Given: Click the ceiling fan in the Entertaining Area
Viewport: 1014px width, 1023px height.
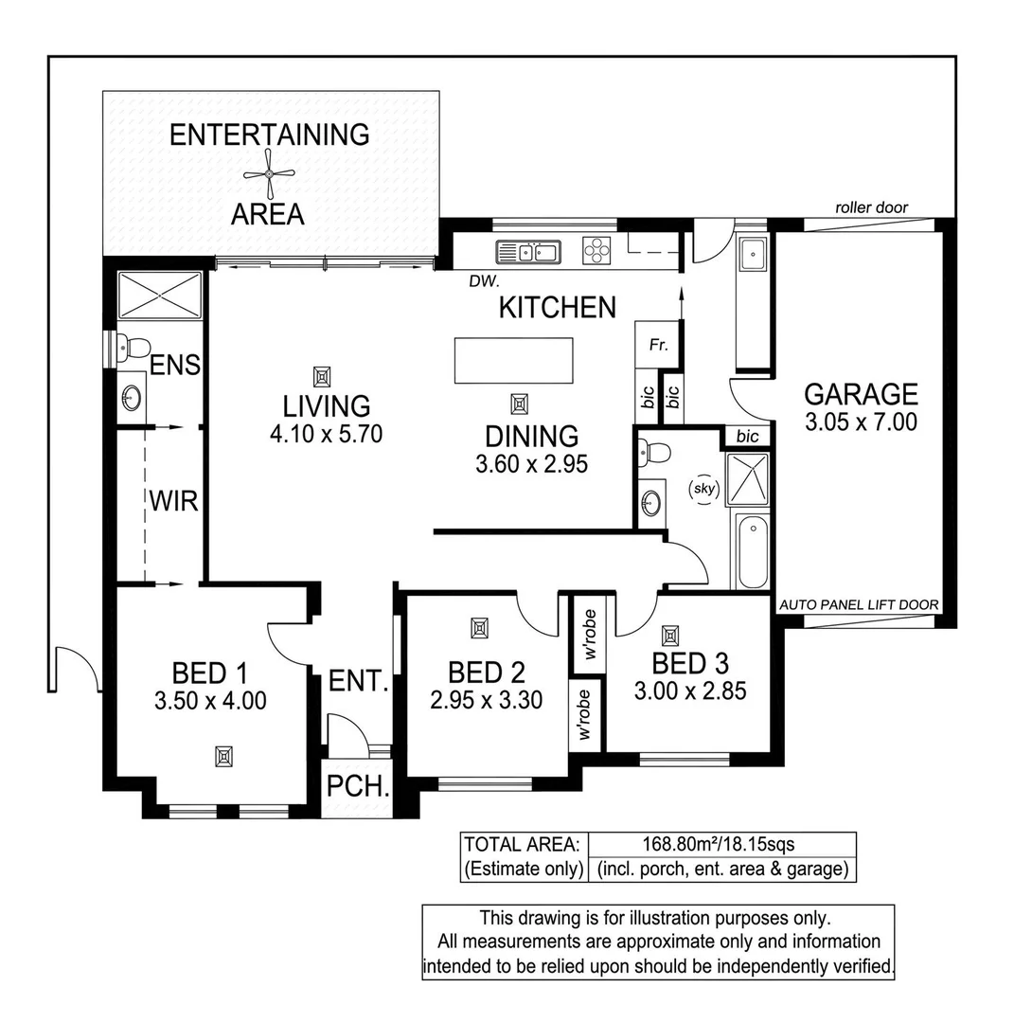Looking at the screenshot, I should coord(270,173).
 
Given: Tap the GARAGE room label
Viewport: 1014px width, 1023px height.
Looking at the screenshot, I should coord(860,393).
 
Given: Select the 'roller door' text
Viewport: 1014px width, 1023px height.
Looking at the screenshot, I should coord(871,207).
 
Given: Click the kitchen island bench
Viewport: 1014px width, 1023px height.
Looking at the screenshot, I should coord(513,360).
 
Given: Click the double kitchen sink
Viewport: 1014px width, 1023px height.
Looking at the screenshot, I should coord(528,252).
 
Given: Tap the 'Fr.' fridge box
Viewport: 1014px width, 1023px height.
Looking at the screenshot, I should coord(658,346).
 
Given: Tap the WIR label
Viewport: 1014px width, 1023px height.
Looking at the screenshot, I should coord(174,500).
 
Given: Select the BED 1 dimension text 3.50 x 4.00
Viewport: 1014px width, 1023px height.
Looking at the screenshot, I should coord(209,702).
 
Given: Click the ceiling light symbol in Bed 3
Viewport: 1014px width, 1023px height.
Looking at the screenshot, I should coord(671,635).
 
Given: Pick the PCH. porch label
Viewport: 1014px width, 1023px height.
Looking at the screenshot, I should coord(356,787).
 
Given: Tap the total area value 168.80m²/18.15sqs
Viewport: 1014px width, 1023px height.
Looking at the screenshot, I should coord(721,844).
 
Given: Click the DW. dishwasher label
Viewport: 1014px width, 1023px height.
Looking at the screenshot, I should coord(483,281).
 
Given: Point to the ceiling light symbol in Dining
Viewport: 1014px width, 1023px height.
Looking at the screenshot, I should coord(518,404).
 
